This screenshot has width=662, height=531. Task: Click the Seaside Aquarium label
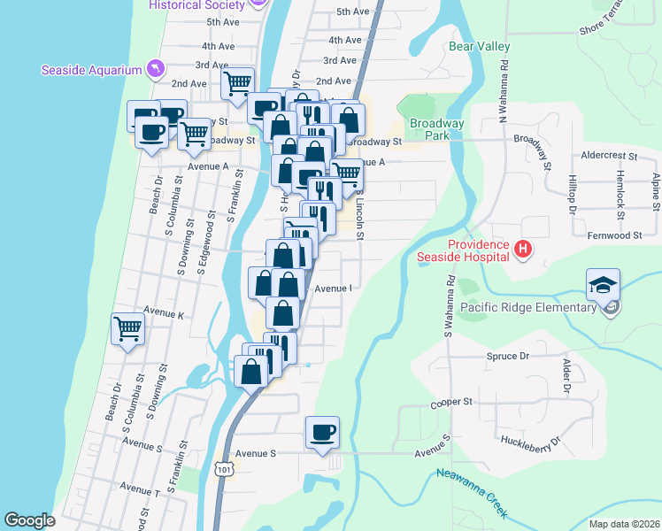pyautogui.click(x=91, y=70)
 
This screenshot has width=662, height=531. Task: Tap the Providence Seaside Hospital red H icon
pyautogui.click(x=523, y=250)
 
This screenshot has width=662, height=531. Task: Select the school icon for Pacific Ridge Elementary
pyautogui.click(x=603, y=286)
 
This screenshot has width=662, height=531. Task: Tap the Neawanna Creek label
pyautogui.click(x=472, y=492)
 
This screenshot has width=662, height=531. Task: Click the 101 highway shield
pyautogui.click(x=227, y=470)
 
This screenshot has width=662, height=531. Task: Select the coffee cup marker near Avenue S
pyautogui.click(x=322, y=433)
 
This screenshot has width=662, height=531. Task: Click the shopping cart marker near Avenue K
pyautogui.click(x=128, y=329)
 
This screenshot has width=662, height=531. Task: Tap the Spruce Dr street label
pyautogui.click(x=507, y=356)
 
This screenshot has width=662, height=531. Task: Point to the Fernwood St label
pyautogui.click(x=614, y=235)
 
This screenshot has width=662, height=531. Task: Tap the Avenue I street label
pyautogui.click(x=334, y=288)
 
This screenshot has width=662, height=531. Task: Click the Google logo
pyautogui.click(x=30, y=519)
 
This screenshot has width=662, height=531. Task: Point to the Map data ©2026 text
pyautogui.click(x=623, y=523)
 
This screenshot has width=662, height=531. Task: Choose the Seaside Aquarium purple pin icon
pyautogui.click(x=156, y=68)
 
